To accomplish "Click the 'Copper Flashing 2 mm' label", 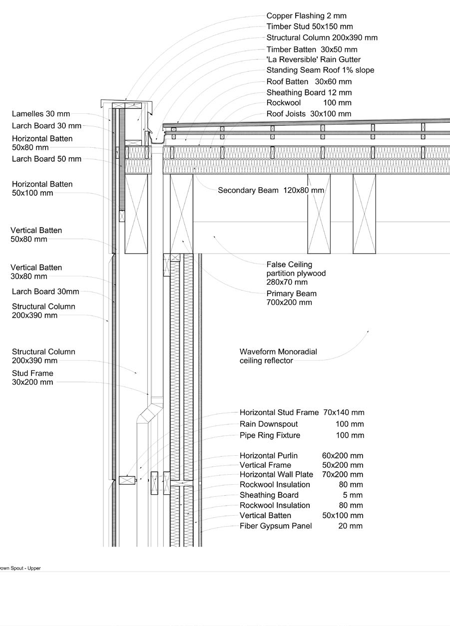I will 306,16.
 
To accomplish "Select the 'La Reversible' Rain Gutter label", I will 313,59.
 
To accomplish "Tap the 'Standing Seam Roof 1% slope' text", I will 320,70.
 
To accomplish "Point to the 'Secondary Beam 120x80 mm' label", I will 270,190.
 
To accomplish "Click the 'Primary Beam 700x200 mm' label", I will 291,298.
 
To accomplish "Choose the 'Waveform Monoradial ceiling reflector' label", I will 278,356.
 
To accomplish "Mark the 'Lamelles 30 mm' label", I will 41,114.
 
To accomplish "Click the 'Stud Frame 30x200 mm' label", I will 32,377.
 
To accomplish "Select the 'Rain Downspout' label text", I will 269,424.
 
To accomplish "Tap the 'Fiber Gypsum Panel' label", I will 276,526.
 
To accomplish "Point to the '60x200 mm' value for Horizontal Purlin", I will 343,455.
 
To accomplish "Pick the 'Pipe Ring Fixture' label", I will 270,435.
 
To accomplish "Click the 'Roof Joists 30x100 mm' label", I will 309,114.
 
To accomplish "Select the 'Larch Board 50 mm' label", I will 46,159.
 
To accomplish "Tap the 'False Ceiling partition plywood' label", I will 296,273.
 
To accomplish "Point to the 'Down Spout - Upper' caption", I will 20,568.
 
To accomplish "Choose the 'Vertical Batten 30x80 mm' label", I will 36,272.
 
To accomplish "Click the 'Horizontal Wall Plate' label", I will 276,475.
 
